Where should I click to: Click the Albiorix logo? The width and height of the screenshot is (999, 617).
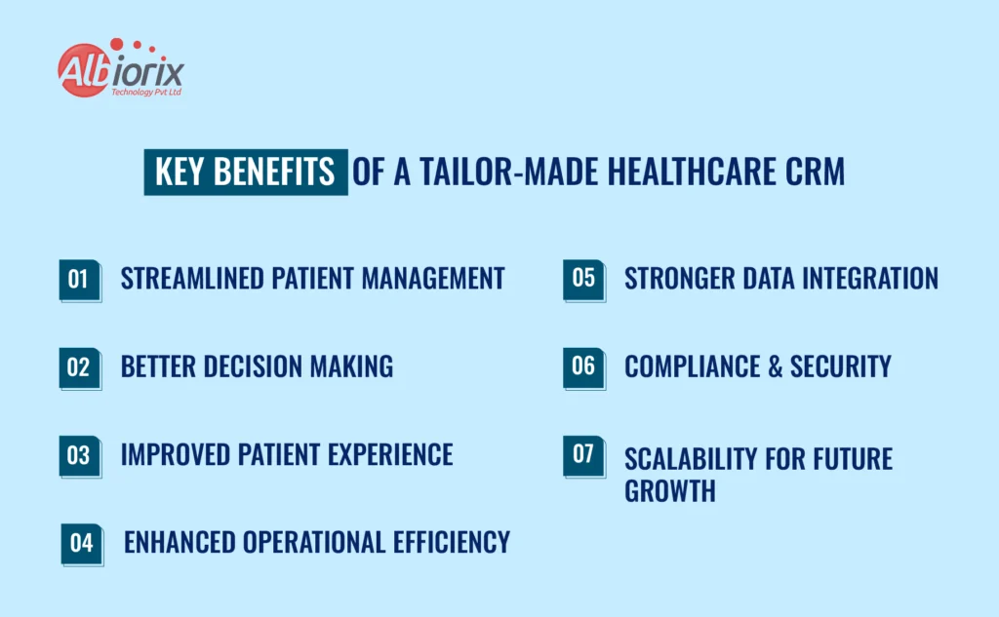click(x=120, y=69)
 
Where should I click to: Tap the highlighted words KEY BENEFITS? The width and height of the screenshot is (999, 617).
click(x=245, y=173)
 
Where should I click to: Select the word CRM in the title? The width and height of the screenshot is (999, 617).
click(x=814, y=173)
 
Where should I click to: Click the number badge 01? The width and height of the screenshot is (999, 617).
click(x=78, y=279)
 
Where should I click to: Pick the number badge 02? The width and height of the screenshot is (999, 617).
click(x=78, y=366)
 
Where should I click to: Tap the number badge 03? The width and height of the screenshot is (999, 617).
click(x=78, y=455)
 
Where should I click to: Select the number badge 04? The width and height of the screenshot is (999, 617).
click(x=82, y=543)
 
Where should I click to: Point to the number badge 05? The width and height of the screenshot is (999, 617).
click(x=583, y=278)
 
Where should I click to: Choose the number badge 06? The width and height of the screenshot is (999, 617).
click(x=583, y=366)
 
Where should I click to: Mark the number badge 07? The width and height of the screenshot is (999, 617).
click(x=583, y=455)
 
